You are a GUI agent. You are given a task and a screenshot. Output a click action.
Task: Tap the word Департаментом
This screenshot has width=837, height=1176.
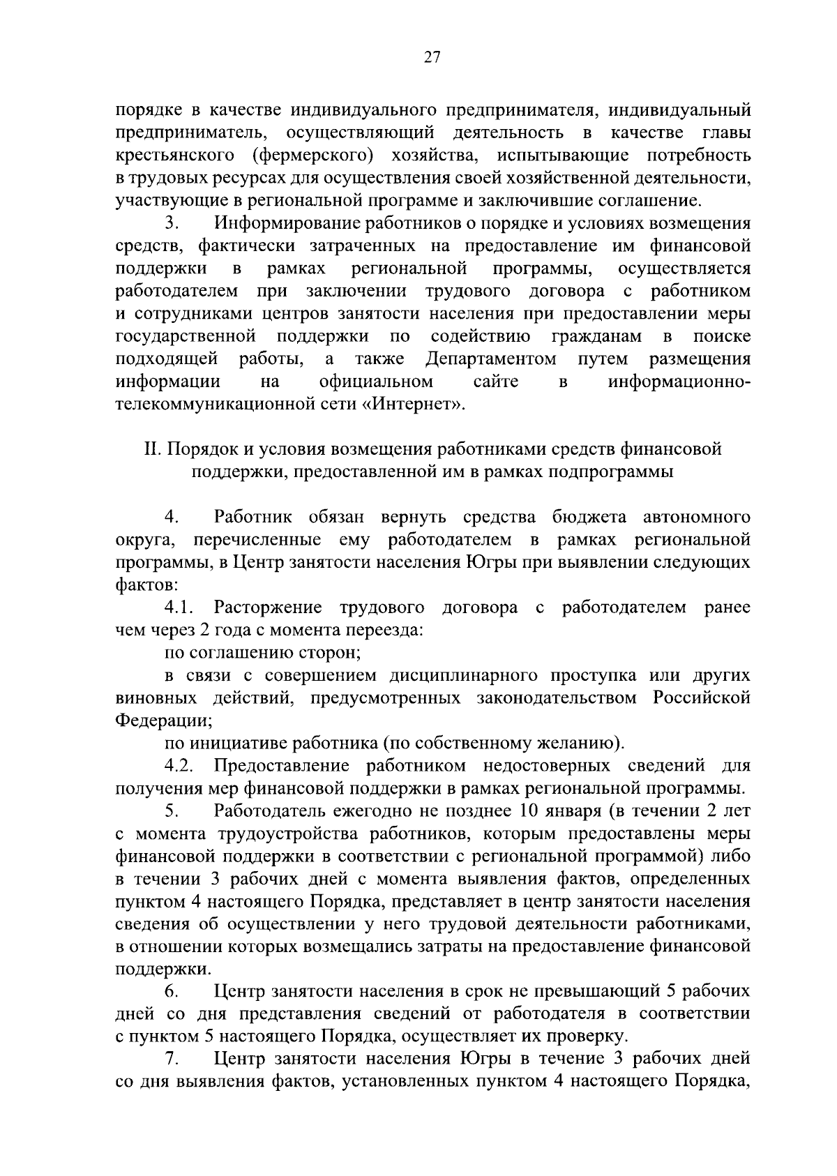coord(490,359)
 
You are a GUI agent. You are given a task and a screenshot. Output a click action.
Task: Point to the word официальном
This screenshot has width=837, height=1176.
coord(376,382)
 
